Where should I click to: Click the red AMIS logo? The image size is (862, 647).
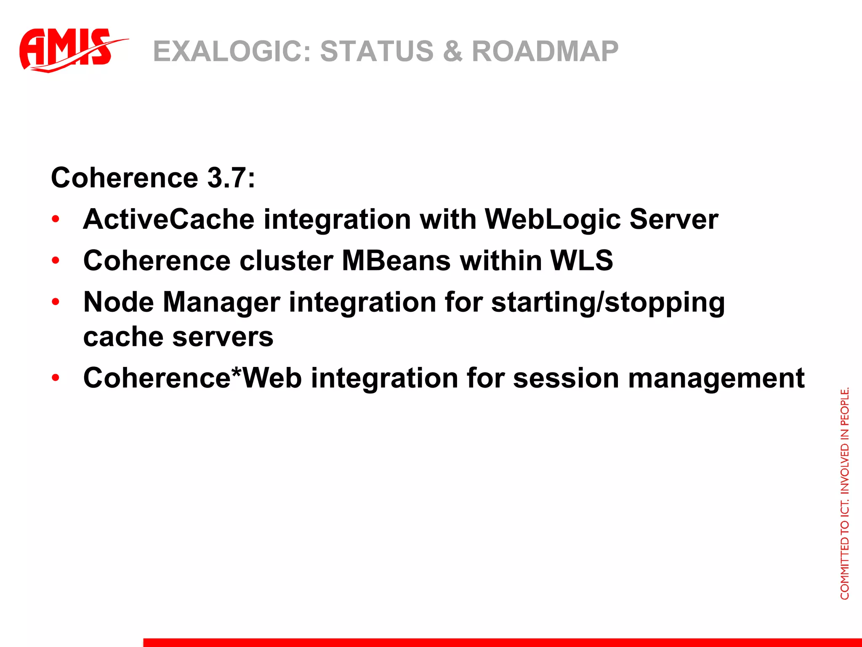(67, 50)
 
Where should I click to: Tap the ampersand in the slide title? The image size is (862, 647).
(452, 51)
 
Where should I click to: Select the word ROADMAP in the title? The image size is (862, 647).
(545, 51)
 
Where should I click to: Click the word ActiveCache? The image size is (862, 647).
(169, 219)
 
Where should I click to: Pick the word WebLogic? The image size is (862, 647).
(553, 219)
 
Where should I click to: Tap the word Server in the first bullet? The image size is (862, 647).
(674, 219)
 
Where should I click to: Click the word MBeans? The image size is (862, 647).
(396, 261)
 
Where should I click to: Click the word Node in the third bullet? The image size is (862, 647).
(119, 302)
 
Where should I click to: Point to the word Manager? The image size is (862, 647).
(221, 302)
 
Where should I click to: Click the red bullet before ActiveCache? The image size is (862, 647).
(56, 219)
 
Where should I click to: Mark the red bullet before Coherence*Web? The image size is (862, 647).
(56, 378)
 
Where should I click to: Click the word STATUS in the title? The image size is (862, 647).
(377, 51)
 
